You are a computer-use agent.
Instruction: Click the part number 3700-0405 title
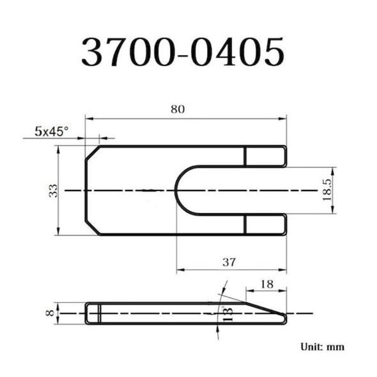pyautogui.click(x=182, y=52)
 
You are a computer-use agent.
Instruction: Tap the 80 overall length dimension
pyautogui.click(x=178, y=109)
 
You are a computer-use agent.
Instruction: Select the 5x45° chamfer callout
pyautogui.click(x=51, y=131)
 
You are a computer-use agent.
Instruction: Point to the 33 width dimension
pyautogui.click(x=53, y=190)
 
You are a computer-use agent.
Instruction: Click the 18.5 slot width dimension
pyautogui.click(x=327, y=190)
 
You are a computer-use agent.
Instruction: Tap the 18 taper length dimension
pyautogui.click(x=267, y=283)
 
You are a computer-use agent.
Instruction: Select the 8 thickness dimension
pyautogui.click(x=49, y=313)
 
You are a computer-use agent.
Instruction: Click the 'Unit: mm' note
pyautogui.click(x=323, y=347)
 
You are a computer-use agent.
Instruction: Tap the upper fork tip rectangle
pyautogui.click(x=265, y=156)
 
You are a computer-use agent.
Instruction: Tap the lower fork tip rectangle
pyautogui.click(x=265, y=224)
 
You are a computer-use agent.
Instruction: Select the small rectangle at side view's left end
pyautogui.click(x=93, y=313)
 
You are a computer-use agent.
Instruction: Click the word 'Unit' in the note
pyautogui.click(x=312, y=347)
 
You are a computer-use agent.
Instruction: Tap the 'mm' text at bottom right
pyautogui.click(x=336, y=347)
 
